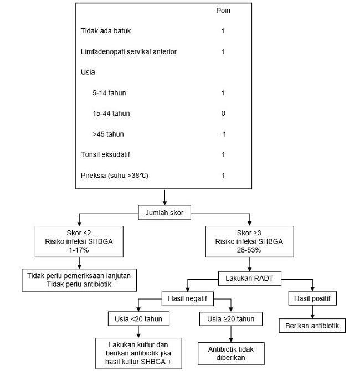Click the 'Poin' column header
pos(223,11)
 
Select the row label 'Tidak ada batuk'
pos(106,31)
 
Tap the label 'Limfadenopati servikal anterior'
pos(128,52)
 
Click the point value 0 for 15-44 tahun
pos(223,114)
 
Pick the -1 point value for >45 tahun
pos(223,134)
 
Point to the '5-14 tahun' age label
pos(109,93)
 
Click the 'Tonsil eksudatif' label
pos(105,154)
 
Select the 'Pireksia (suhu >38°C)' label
pos(114,176)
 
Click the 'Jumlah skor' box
pos(164,213)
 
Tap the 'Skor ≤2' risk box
pos(79,241)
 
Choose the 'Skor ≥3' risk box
pos(249,241)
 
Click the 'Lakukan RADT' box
pos(249,278)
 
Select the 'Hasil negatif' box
pos(187,298)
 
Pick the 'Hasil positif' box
pos(312,298)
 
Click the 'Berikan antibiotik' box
pos(312,326)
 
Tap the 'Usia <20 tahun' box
pos(138,319)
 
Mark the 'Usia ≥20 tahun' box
pos(231,319)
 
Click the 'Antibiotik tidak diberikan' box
pos(231,353)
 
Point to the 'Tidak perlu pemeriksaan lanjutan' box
pos(79,280)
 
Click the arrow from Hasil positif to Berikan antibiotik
pos(312,312)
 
